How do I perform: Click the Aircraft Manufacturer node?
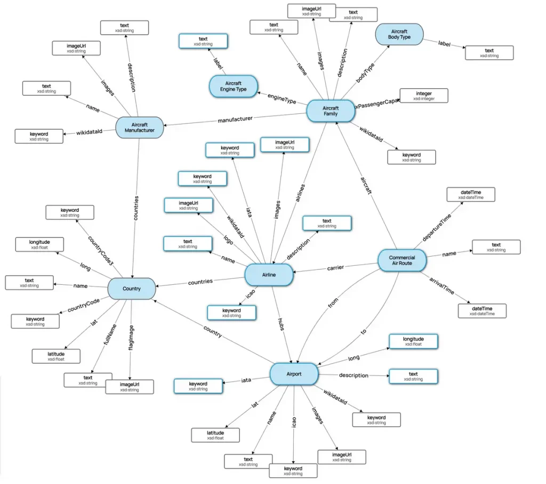pyautogui.click(x=140, y=127)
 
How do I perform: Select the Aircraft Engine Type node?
pyautogui.click(x=233, y=86)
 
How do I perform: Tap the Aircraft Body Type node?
pyautogui.click(x=399, y=34)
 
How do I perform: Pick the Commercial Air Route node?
pyautogui.click(x=402, y=260)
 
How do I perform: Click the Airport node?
pyautogui.click(x=294, y=374)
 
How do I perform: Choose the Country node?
pyautogui.click(x=132, y=289)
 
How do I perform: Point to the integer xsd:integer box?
pyautogui.click(x=424, y=96)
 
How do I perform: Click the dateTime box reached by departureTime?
pyautogui.click(x=470, y=194)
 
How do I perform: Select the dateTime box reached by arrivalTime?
pyautogui.click(x=482, y=310)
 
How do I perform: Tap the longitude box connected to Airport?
pyautogui.click(x=413, y=341)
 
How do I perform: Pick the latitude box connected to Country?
pyautogui.click(x=56, y=356)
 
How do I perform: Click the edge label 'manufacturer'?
pyautogui.click(x=235, y=119)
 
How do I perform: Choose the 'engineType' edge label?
pyautogui.click(x=282, y=99)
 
